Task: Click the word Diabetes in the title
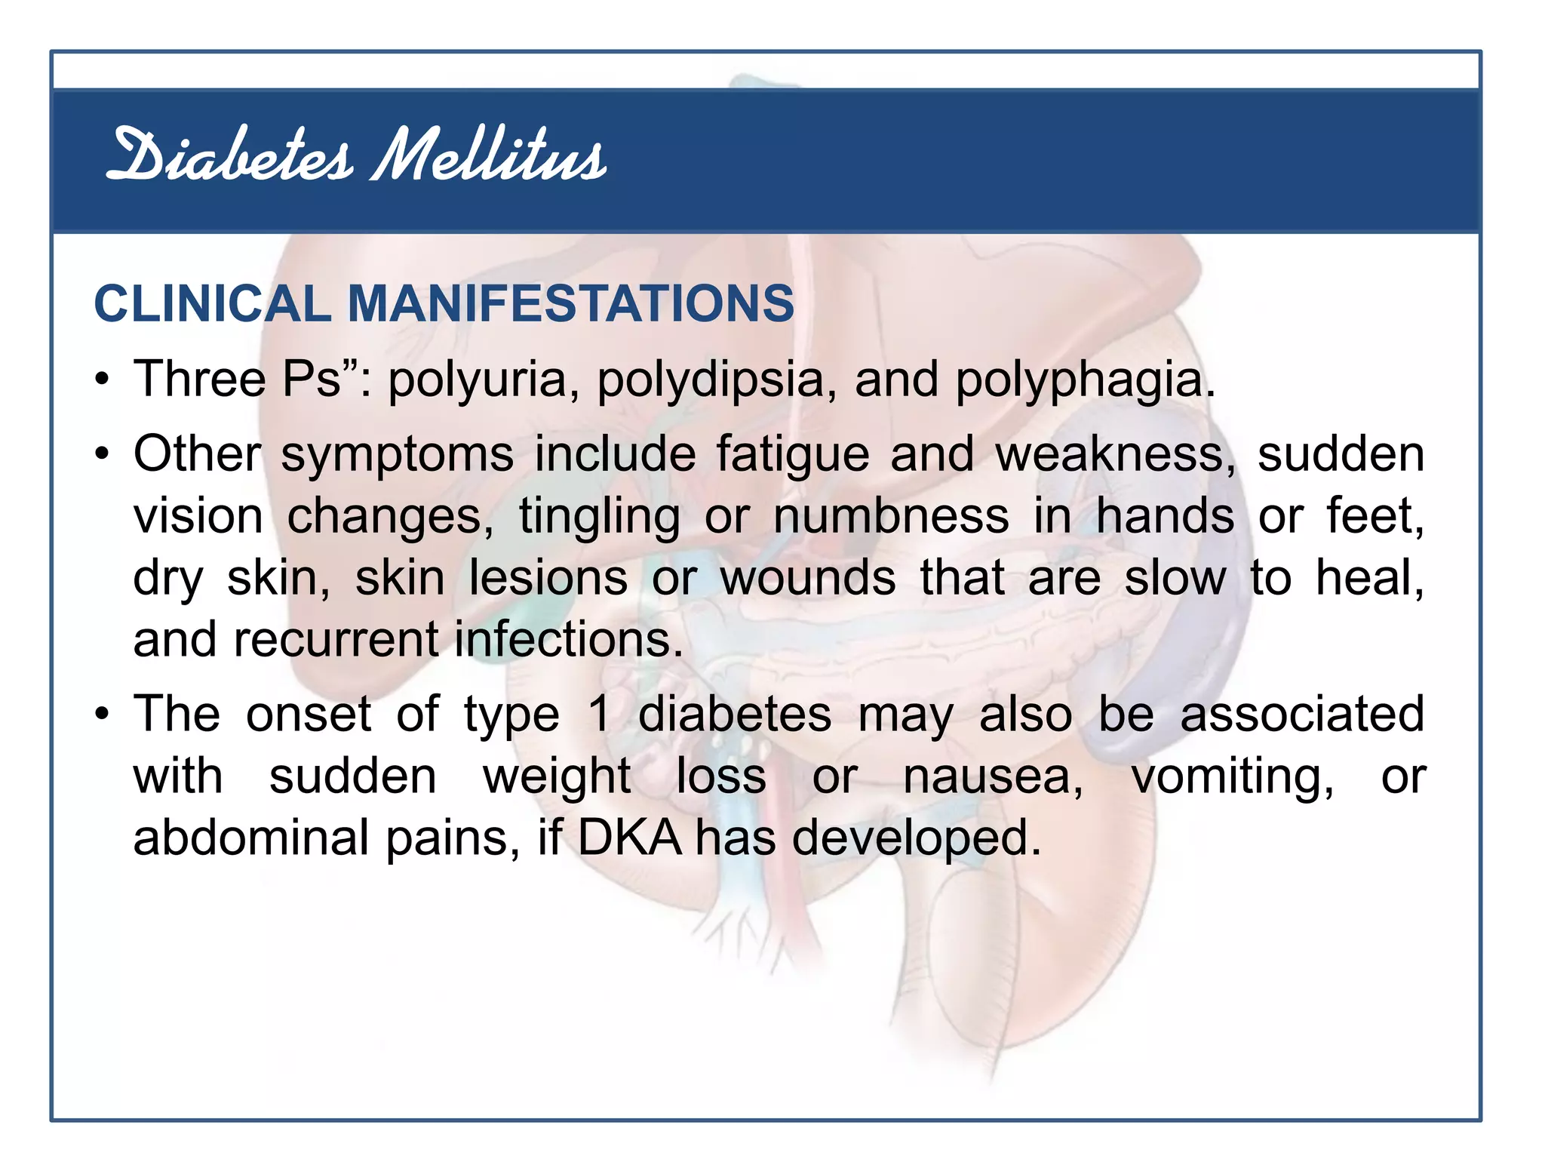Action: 229,157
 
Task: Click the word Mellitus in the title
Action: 488,157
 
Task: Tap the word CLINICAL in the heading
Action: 212,304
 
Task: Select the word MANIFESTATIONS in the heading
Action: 570,304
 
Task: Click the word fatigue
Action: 792,456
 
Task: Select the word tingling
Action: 599,518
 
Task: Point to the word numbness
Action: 891,517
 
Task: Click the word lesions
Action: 548,579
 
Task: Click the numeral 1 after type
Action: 599,714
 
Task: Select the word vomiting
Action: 1233,777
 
